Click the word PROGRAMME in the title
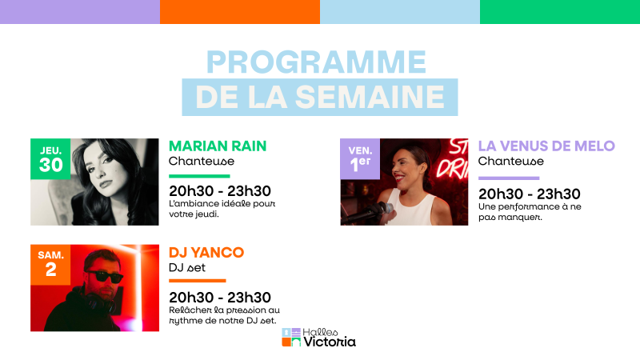coord(316,62)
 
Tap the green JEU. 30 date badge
coord(50,158)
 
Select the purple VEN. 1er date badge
coord(360,158)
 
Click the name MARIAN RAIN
coord(218,146)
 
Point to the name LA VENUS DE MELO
coord(546,146)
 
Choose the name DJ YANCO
coord(206,252)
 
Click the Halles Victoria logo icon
coord(291,338)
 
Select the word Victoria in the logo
coord(330,342)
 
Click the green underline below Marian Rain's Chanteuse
coord(199,176)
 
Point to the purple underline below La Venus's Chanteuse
coord(509,178)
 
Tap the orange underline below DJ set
coord(198,281)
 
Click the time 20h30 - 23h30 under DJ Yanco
coord(220,297)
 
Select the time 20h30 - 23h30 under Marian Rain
coord(220,191)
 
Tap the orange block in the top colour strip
coord(240,12)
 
